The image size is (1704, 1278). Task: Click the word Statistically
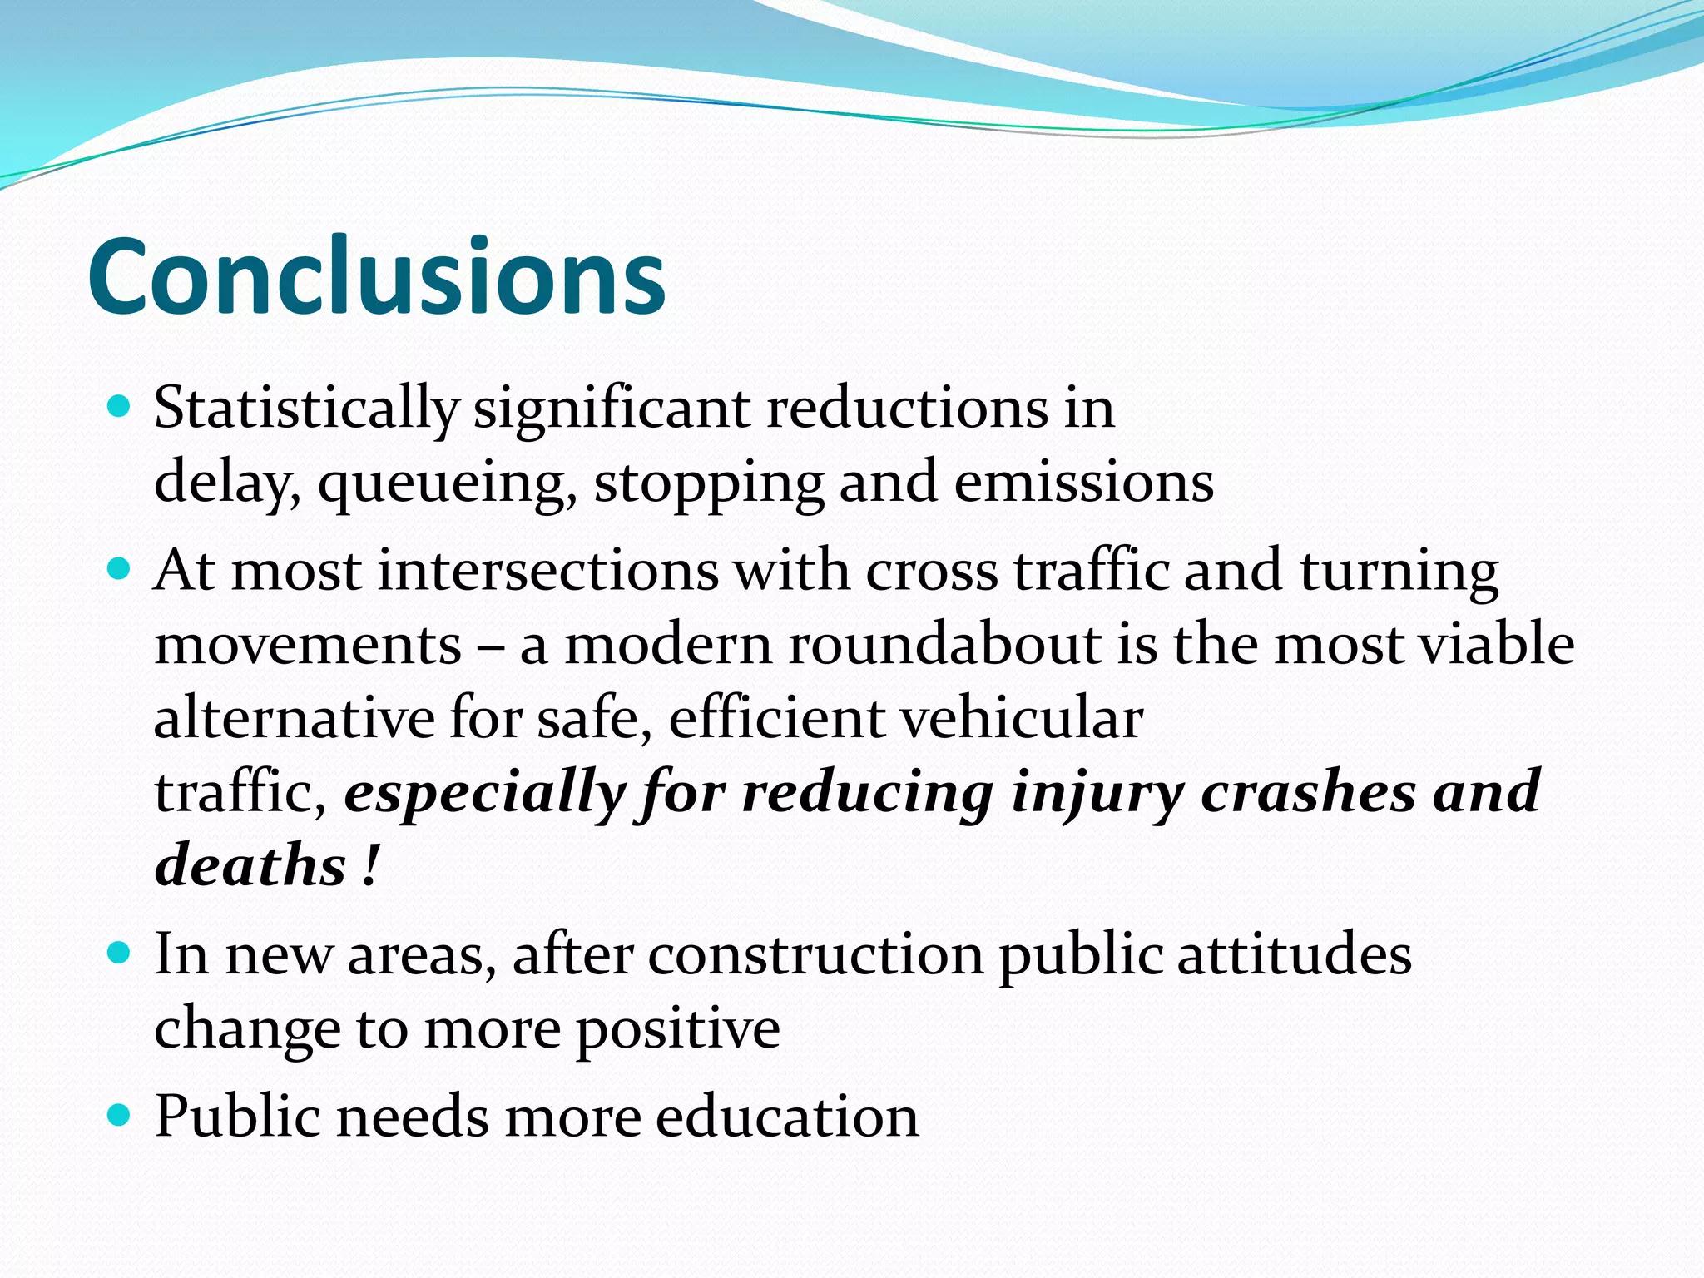[305, 409]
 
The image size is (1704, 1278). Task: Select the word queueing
[447, 483]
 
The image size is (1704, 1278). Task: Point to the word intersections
[547, 572]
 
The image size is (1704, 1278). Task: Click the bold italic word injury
[1097, 792]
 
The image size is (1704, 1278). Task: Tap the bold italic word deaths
[250, 865]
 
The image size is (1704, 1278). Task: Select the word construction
[815, 954]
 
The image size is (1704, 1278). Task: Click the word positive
[678, 1028]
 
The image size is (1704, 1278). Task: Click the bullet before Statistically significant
[120, 407]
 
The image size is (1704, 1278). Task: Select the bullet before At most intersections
[120, 569]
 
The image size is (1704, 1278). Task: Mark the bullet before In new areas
[120, 952]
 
